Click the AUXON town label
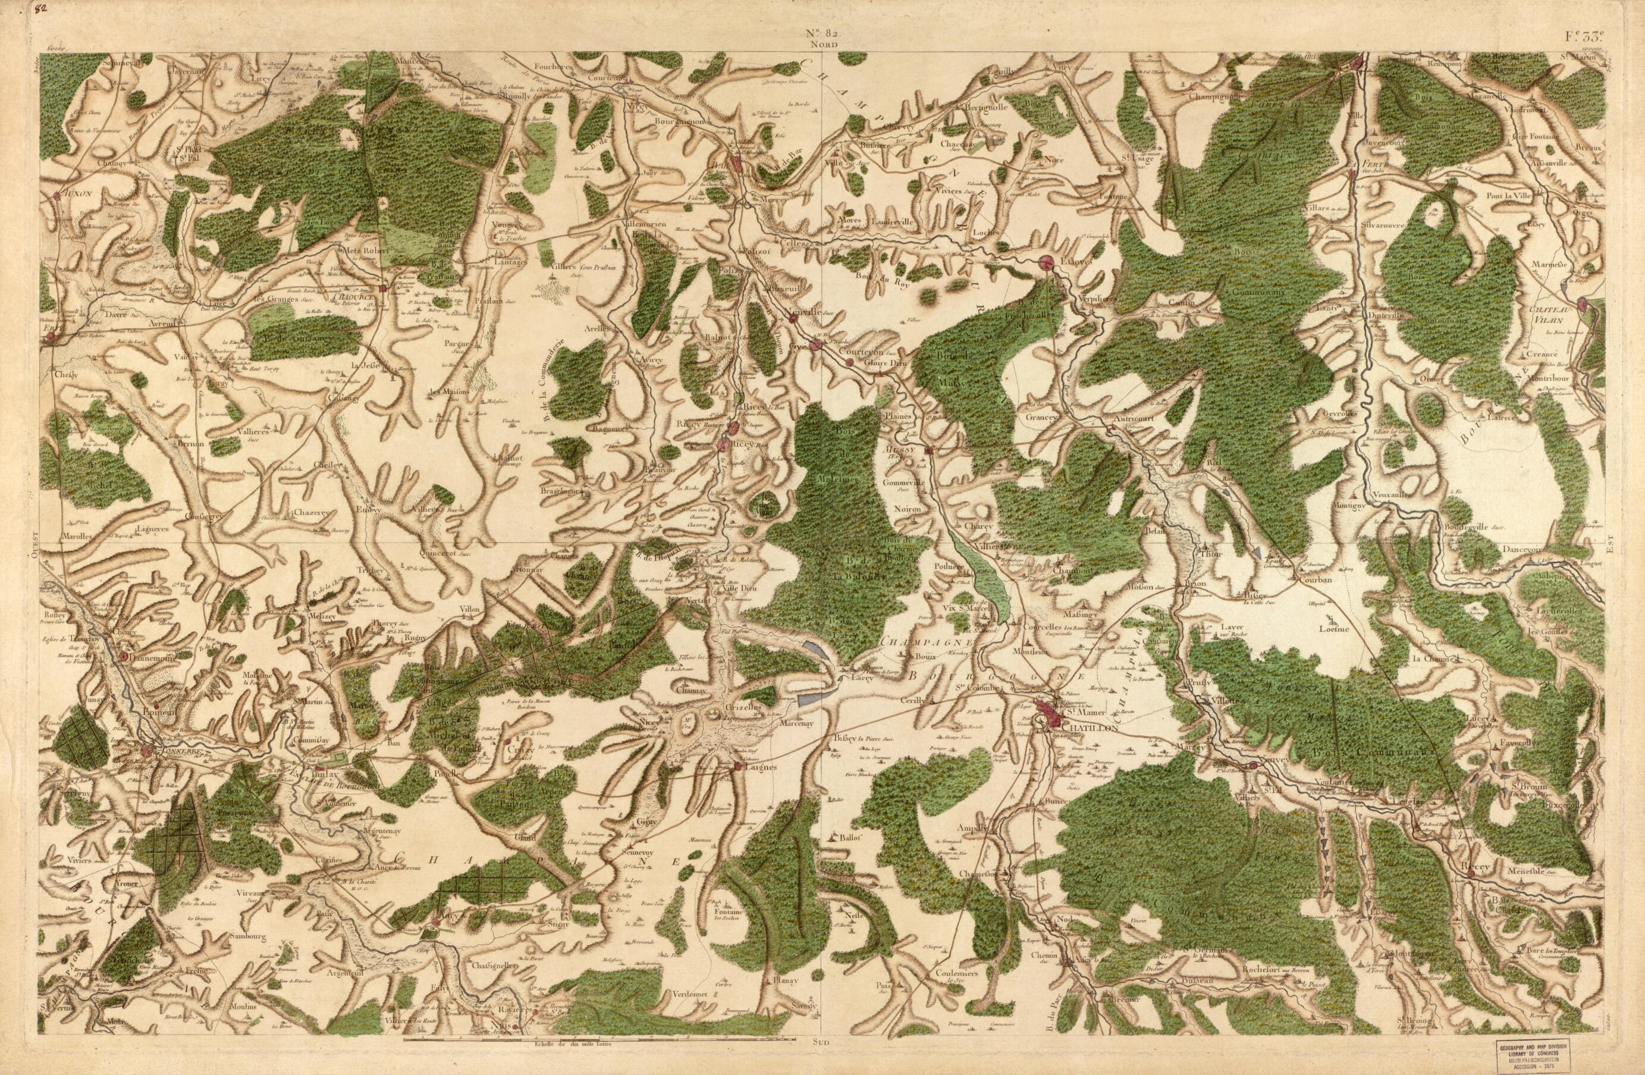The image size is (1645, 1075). pos(76,196)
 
